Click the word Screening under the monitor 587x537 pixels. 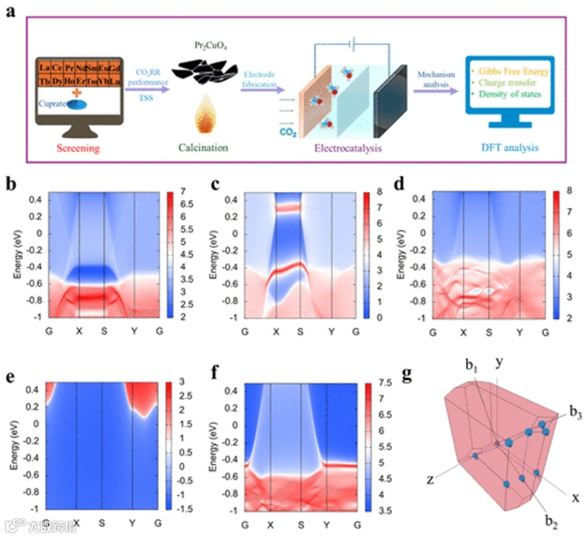[x=79, y=148]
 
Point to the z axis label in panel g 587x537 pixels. [x=430, y=479]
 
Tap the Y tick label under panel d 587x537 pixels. [x=520, y=331]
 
